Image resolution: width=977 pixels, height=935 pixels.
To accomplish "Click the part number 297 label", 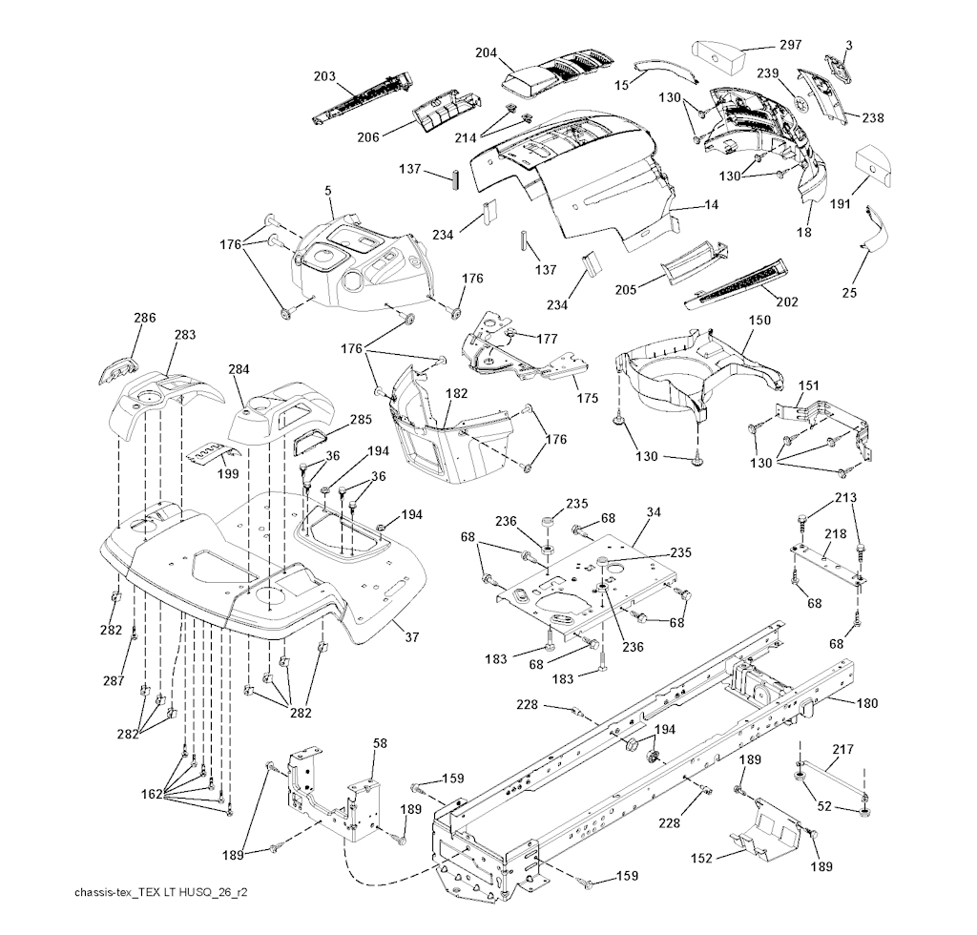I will coord(789,45).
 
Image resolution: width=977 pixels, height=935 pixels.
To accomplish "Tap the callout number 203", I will coord(325,75).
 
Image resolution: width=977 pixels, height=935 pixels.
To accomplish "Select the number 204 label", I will coord(487,53).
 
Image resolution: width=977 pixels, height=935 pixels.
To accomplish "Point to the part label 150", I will coord(759,321).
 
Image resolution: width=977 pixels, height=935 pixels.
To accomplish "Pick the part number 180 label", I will coord(866,704).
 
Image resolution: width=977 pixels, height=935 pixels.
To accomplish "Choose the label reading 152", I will coord(703,859).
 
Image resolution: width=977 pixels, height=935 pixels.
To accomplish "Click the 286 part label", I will coord(144,318).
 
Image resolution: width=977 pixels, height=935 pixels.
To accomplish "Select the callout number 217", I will coord(843,749).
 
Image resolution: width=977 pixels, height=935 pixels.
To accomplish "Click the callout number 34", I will coord(653,513).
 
